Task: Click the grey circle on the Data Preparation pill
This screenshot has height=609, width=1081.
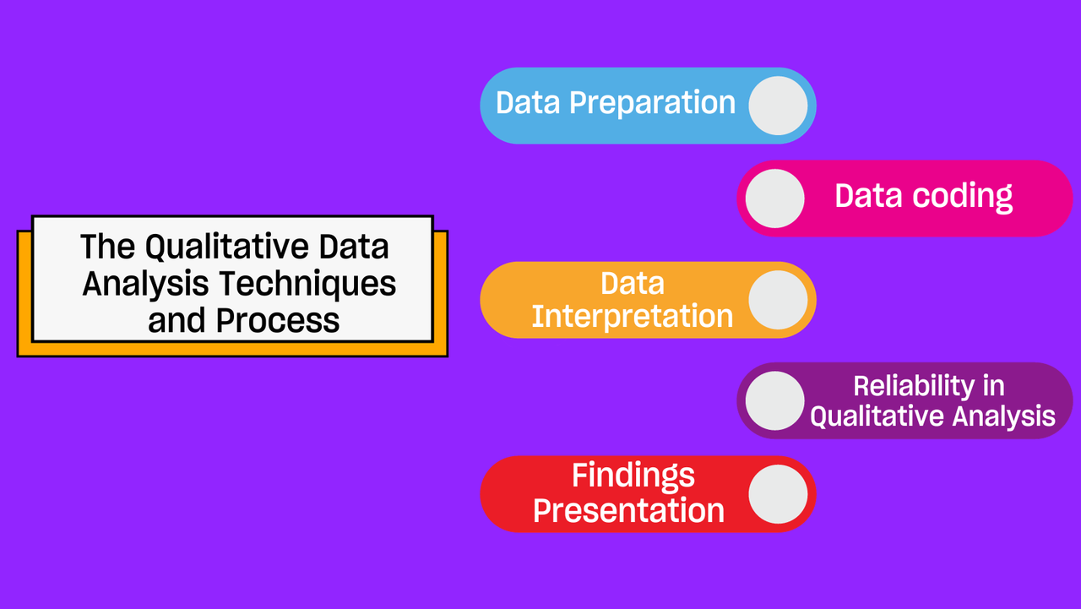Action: tap(778, 106)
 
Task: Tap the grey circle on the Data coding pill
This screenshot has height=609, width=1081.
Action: tap(774, 198)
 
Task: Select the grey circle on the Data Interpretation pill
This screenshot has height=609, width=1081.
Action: tap(778, 300)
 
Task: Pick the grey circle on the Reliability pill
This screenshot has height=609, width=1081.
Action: tap(774, 400)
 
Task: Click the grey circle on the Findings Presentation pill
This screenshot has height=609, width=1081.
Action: tap(778, 494)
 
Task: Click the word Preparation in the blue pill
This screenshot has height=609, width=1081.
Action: tap(653, 104)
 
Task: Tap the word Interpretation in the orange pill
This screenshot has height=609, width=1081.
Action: tap(633, 316)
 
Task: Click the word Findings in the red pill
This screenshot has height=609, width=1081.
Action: tap(633, 476)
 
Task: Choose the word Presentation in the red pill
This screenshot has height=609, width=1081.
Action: tap(629, 510)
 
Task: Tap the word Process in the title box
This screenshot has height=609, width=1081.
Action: tap(278, 320)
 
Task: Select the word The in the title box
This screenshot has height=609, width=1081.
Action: tap(107, 247)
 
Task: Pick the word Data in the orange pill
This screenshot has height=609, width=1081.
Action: tap(633, 283)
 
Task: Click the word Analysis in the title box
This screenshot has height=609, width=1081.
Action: tap(145, 285)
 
